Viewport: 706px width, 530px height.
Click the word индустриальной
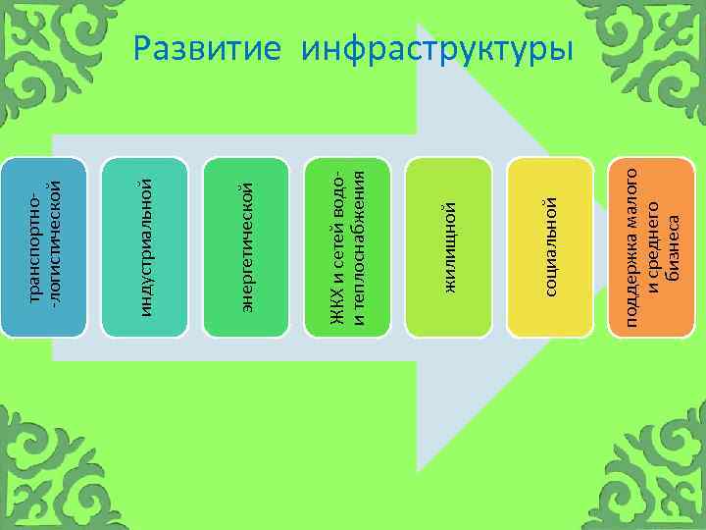click(146, 242)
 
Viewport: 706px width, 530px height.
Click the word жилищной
click(450, 245)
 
